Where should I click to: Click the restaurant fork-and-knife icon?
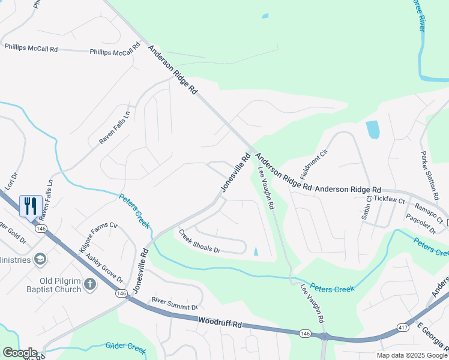point(29,205)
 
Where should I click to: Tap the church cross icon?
point(89,283)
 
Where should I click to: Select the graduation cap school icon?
point(41,259)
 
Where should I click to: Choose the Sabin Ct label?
point(367,207)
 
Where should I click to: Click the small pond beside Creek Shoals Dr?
point(256,251)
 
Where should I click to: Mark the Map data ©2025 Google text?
point(411,355)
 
